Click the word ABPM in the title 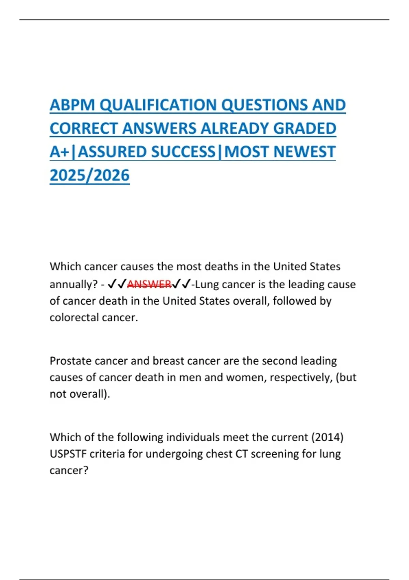pos(72,105)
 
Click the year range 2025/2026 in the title pos(90,175)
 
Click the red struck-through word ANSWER pos(149,284)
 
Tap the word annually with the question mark pos(74,285)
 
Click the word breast pos(168,361)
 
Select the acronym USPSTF pos(68,454)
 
